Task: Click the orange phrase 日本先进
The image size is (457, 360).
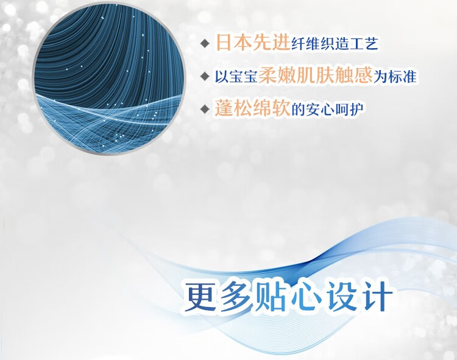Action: click(x=253, y=43)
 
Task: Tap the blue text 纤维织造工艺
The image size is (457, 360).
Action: click(x=335, y=44)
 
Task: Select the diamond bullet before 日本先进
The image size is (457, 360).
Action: click(x=205, y=44)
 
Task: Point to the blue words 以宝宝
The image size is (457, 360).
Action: click(x=236, y=77)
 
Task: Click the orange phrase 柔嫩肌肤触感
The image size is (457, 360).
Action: click(x=316, y=76)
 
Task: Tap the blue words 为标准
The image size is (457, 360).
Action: click(x=395, y=77)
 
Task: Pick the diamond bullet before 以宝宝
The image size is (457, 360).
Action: click(x=205, y=77)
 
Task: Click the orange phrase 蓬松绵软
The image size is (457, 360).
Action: click(x=252, y=108)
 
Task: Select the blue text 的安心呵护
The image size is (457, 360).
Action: click(x=327, y=109)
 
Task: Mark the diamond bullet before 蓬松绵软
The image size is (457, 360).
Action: click(x=205, y=109)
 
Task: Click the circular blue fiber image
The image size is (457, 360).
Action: click(x=109, y=79)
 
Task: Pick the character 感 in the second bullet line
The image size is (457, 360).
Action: click(x=363, y=76)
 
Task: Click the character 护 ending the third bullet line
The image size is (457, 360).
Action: click(x=356, y=109)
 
